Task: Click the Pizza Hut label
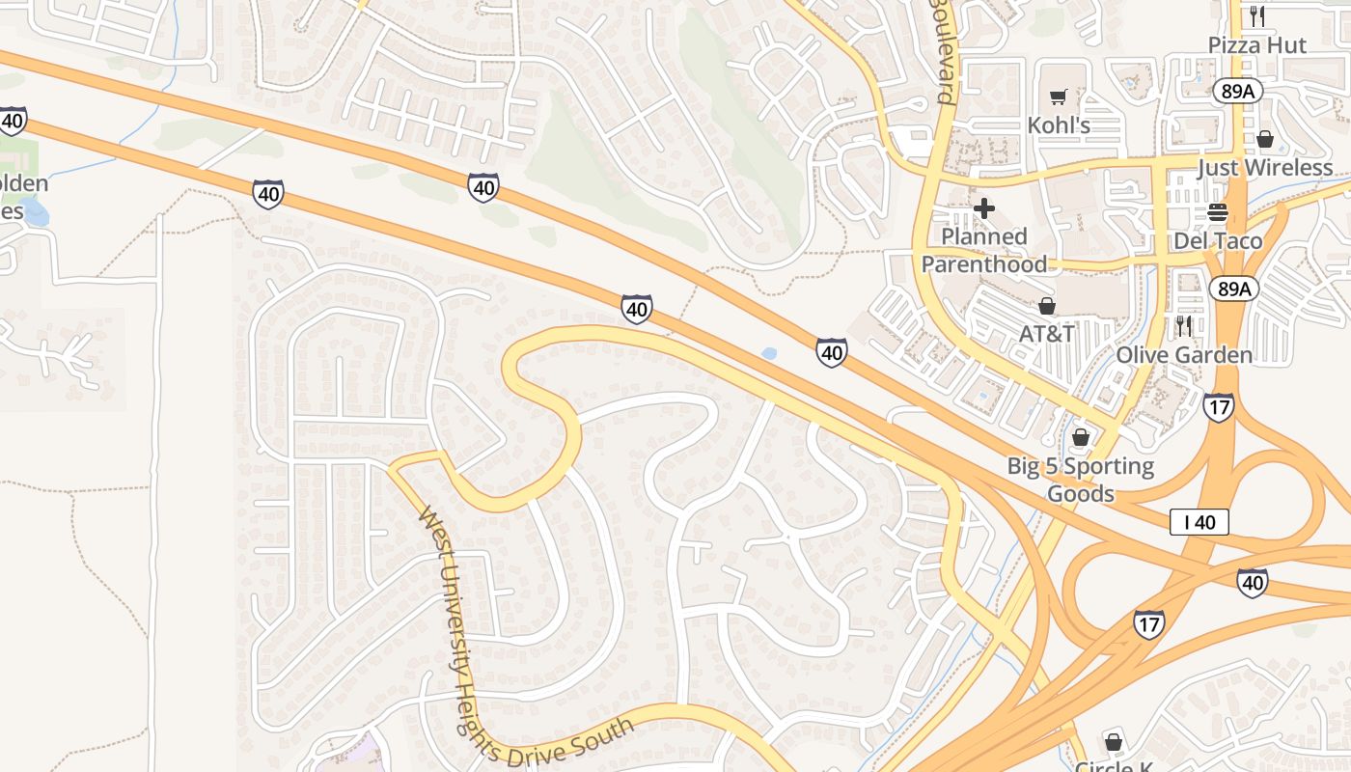pyautogui.click(x=1257, y=45)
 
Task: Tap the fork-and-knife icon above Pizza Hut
pyautogui.click(x=1256, y=15)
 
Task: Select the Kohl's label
pyautogui.click(x=1059, y=125)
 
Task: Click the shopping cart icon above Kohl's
pyautogui.click(x=1059, y=96)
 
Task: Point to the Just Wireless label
pyautogui.click(x=1264, y=168)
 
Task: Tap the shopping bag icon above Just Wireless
pyautogui.click(x=1265, y=140)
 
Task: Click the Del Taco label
pyautogui.click(x=1218, y=241)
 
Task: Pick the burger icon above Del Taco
pyautogui.click(x=1218, y=213)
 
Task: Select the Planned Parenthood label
pyautogui.click(x=984, y=250)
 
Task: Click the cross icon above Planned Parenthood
pyautogui.click(x=984, y=207)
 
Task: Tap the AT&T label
pyautogui.click(x=1047, y=334)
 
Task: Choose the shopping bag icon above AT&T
pyautogui.click(x=1047, y=307)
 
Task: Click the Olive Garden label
pyautogui.click(x=1184, y=355)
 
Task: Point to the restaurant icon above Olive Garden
pyautogui.click(x=1184, y=326)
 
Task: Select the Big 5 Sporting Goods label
pyautogui.click(x=1081, y=480)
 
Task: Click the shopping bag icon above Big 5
pyautogui.click(x=1081, y=438)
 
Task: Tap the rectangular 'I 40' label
pyautogui.click(x=1199, y=523)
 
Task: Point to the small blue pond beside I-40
pyautogui.click(x=769, y=354)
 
